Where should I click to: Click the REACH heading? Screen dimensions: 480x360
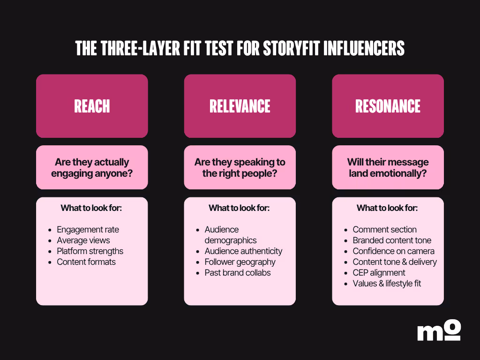click(x=92, y=106)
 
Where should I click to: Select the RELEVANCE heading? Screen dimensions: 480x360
click(x=240, y=106)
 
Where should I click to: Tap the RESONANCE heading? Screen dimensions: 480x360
click(x=388, y=106)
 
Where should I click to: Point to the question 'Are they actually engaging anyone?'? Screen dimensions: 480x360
click(x=92, y=167)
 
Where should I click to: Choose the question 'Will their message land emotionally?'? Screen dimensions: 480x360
click(x=388, y=167)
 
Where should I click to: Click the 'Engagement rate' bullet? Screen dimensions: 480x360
click(x=88, y=230)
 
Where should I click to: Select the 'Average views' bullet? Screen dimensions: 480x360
click(x=83, y=240)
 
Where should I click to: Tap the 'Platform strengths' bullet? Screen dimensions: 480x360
click(x=90, y=251)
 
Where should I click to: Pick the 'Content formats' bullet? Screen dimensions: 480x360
click(x=86, y=262)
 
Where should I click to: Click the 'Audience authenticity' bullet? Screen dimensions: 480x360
click(x=243, y=251)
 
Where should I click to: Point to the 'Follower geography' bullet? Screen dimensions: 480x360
click(x=240, y=262)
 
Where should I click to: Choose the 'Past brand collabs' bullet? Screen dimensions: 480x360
click(x=238, y=273)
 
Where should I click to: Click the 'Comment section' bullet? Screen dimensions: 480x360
click(x=384, y=230)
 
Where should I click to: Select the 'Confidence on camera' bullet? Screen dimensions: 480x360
click(x=393, y=251)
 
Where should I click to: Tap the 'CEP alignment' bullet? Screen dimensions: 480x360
click(x=379, y=273)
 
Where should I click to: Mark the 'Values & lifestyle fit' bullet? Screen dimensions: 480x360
click(x=387, y=284)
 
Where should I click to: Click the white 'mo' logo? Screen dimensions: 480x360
click(x=439, y=330)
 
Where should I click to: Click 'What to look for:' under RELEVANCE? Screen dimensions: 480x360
click(x=239, y=208)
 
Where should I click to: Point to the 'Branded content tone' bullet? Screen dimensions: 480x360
click(x=392, y=240)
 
